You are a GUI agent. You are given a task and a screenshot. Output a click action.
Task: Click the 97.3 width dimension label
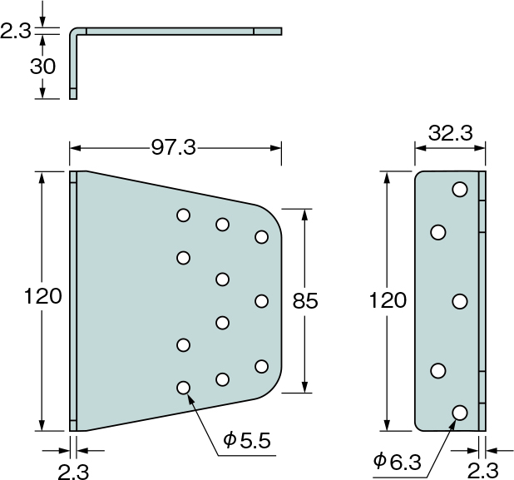click(x=173, y=148)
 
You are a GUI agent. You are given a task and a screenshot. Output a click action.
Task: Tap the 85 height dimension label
click(x=305, y=301)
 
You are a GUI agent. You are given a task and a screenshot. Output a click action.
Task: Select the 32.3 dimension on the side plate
click(x=451, y=133)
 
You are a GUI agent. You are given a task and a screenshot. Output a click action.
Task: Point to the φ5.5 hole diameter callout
click(x=247, y=440)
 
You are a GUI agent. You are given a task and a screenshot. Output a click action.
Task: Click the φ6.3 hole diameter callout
click(x=398, y=462)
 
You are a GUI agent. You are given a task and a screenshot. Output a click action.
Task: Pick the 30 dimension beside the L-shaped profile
click(x=42, y=67)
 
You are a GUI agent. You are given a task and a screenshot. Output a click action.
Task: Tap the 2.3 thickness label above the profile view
click(x=16, y=32)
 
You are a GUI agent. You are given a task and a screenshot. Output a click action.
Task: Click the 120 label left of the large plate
click(x=43, y=296)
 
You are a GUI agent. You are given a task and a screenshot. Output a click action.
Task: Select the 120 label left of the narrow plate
click(x=388, y=300)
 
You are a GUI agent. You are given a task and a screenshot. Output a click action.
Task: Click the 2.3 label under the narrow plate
click(x=483, y=471)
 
